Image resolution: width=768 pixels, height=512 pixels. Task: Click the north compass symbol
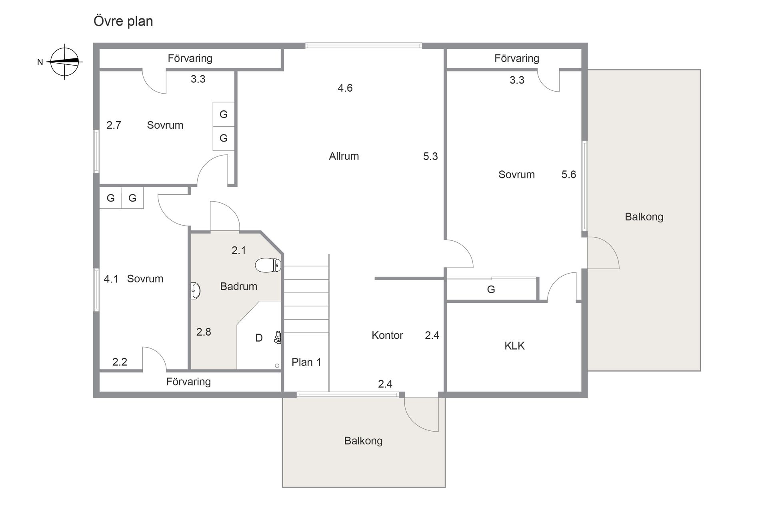click(64, 62)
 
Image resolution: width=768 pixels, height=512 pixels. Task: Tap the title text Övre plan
click(123, 21)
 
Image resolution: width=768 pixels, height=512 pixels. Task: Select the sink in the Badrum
click(195, 291)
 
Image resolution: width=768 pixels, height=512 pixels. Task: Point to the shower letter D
click(259, 338)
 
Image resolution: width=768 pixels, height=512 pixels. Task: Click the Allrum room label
click(344, 156)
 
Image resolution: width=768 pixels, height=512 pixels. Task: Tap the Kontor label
click(387, 335)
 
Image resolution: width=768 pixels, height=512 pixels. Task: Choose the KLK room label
click(514, 346)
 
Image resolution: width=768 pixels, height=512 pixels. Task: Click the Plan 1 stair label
click(306, 362)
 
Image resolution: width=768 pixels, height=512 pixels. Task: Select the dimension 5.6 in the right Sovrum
click(568, 174)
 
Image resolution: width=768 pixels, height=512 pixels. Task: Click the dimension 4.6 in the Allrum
click(345, 88)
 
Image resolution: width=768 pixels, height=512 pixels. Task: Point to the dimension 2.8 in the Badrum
click(204, 332)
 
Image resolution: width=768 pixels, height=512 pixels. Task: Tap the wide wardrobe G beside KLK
click(491, 289)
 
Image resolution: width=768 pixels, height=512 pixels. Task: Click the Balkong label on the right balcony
click(644, 217)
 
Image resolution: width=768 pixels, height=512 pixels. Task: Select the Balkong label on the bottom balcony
click(363, 441)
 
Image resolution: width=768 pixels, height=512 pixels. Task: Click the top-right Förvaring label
click(516, 58)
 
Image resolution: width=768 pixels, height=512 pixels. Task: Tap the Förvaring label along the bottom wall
click(188, 382)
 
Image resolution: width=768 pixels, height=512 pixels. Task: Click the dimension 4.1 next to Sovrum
click(111, 279)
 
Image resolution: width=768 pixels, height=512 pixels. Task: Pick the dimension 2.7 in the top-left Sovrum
click(114, 125)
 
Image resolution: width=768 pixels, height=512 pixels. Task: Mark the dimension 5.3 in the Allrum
click(430, 156)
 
